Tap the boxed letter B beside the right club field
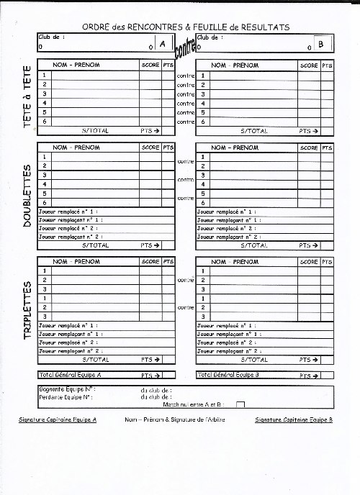pyautogui.click(x=321, y=45)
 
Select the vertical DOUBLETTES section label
pyautogui.click(x=27, y=195)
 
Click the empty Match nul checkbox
pyautogui.click(x=240, y=405)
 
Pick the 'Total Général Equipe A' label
pyautogui.click(x=70, y=375)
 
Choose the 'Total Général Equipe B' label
pyautogui.click(x=228, y=375)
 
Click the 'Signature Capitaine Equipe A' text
pyautogui.click(x=58, y=419)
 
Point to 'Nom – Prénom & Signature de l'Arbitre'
pyautogui.click(x=175, y=419)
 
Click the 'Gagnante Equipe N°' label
pyautogui.click(x=67, y=389)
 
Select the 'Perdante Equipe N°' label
pyautogui.click(x=67, y=396)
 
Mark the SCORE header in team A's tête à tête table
pyautogui.click(x=150, y=65)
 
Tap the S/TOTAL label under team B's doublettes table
pyautogui.click(x=253, y=245)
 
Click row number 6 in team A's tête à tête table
pyautogui.click(x=45, y=122)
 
